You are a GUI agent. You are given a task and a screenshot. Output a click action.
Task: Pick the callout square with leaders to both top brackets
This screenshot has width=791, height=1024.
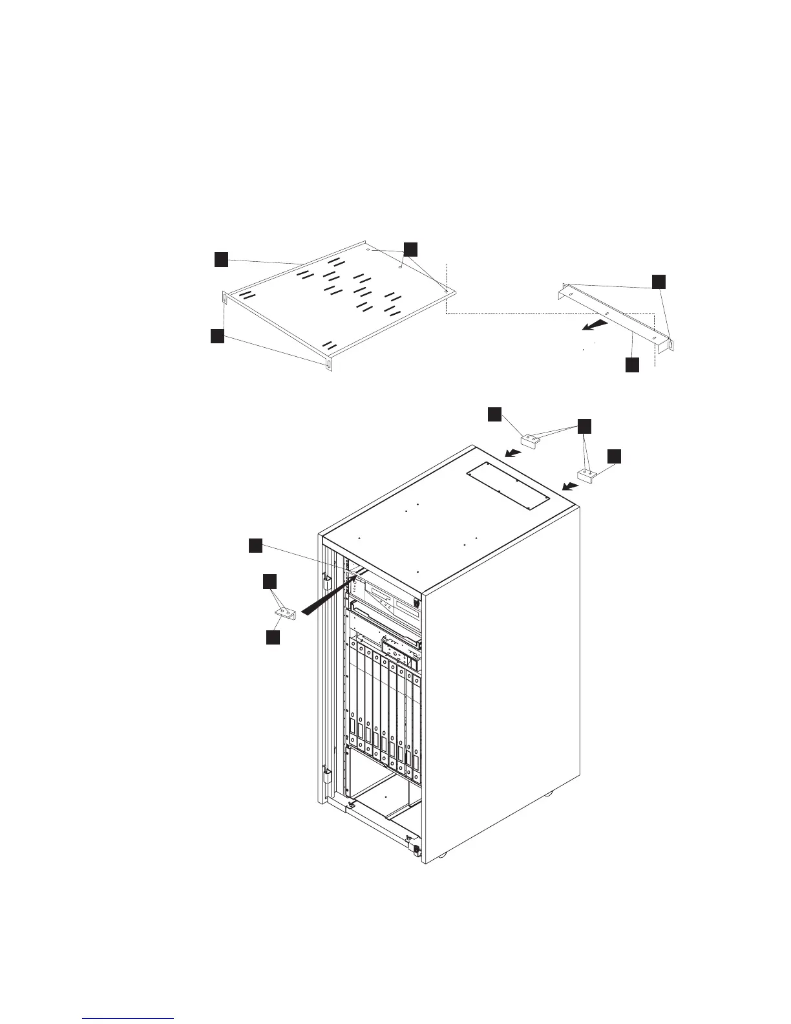(584, 425)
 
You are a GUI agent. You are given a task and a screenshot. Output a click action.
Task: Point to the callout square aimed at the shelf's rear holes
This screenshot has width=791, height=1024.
(410, 249)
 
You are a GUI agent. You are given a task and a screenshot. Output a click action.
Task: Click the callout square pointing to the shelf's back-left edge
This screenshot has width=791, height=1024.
(221, 259)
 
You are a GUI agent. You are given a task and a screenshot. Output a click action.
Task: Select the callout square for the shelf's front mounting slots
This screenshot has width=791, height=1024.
(217, 336)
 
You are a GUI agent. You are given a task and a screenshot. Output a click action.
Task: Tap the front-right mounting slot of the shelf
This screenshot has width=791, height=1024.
(329, 365)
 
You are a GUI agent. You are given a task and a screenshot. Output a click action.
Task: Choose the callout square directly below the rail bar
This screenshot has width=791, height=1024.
(632, 365)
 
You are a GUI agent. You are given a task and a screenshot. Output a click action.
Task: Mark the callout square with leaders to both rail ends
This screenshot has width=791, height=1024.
(658, 281)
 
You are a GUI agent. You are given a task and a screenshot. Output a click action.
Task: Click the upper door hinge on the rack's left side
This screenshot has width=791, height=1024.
(328, 574)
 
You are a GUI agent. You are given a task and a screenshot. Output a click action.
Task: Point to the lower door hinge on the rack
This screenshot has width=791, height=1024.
(328, 774)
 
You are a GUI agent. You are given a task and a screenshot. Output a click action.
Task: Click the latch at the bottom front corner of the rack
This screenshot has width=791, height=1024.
(414, 849)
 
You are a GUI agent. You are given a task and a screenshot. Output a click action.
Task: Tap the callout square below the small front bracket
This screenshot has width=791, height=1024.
(273, 637)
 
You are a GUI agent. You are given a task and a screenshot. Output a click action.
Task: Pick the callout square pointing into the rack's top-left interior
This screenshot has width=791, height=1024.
(255, 546)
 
